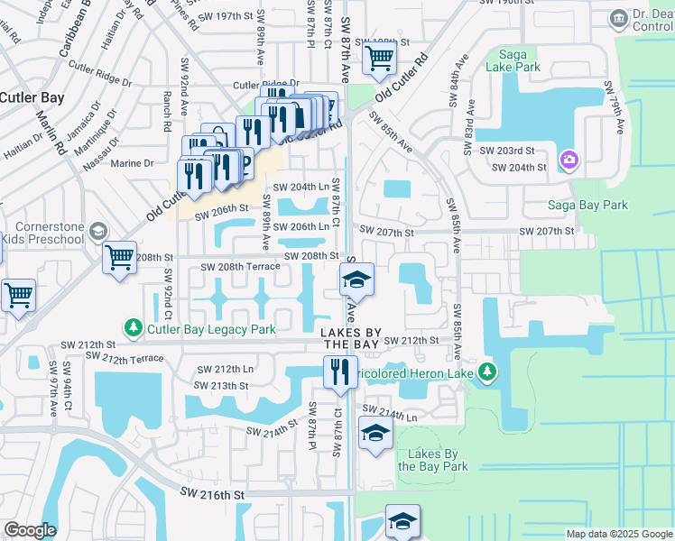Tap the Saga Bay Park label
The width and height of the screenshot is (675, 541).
(x=588, y=206)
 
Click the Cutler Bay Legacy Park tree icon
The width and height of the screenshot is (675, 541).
(x=133, y=329)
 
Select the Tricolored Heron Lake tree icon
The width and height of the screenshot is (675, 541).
(x=487, y=372)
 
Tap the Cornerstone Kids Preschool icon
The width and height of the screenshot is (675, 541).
(x=97, y=234)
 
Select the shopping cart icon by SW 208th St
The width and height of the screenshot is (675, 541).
(x=119, y=258)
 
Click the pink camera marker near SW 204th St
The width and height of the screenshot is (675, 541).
(x=569, y=160)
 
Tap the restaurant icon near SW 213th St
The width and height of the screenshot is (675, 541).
(x=339, y=372)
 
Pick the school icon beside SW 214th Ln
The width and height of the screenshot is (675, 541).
(x=375, y=434)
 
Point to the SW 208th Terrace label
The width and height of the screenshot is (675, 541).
(x=240, y=268)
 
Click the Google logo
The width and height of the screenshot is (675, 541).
(x=30, y=530)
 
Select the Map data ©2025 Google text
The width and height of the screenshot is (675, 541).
(x=618, y=534)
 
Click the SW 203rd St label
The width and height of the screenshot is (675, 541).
(x=507, y=151)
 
